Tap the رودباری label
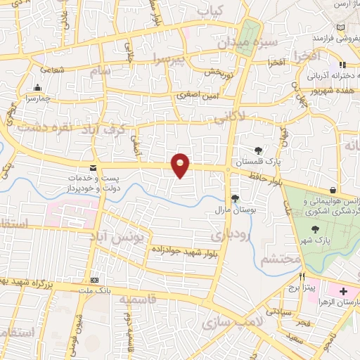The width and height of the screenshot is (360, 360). tap(231, 233)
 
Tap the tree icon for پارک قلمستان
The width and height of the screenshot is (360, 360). tap(259, 150)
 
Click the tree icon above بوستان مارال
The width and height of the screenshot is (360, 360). tap(234, 198)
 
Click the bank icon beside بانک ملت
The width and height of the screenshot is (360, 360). tap(95, 280)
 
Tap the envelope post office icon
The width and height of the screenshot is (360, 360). tap(93, 167)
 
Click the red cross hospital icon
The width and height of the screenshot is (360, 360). tap(343, 291)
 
